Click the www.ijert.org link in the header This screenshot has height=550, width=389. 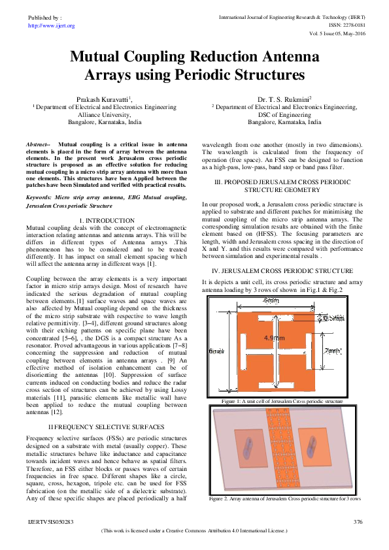point(52,25)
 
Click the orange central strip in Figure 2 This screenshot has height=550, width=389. point(281,450)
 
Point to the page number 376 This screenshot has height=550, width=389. point(358,521)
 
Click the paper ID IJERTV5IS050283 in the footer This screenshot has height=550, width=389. point(51,521)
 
